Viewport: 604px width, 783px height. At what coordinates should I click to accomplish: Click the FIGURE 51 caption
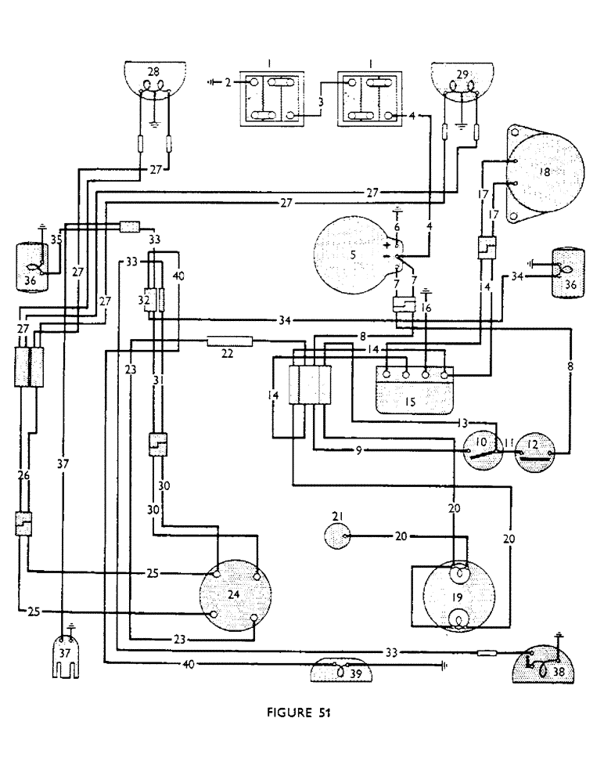click(x=300, y=713)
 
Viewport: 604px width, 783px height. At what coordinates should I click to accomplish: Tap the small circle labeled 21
click(x=339, y=536)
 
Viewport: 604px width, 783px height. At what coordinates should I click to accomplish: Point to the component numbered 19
click(x=458, y=597)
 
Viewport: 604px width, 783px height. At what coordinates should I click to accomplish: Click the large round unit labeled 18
click(x=545, y=173)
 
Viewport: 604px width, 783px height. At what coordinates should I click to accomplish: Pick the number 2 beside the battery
click(x=228, y=81)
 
